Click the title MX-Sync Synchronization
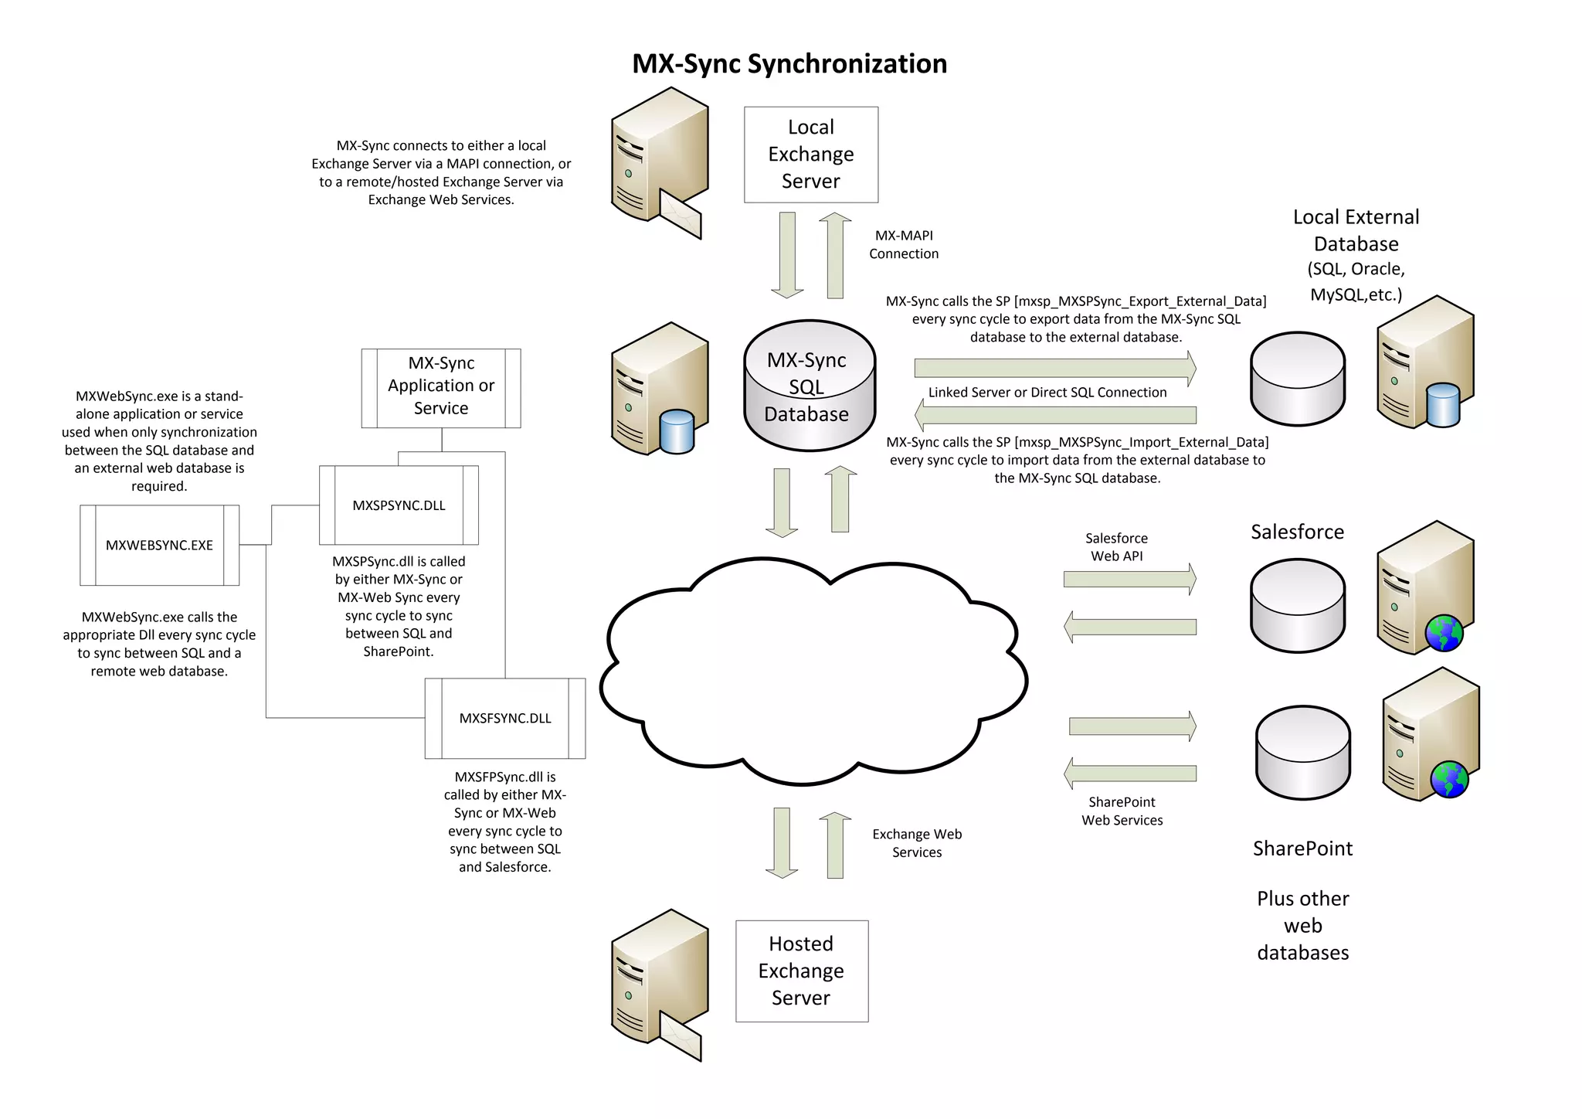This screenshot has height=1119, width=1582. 789,63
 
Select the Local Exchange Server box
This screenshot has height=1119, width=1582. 810,155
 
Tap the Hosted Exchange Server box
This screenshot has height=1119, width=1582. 801,971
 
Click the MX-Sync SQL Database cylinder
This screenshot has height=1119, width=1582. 809,386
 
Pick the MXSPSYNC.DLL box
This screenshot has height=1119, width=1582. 399,505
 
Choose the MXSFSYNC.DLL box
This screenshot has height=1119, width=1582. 505,718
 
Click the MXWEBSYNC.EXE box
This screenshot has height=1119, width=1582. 159,545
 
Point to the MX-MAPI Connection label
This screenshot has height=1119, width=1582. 904,244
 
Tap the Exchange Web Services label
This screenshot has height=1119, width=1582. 917,843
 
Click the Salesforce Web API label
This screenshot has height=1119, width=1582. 1116,546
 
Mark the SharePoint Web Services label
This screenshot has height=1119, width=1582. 1122,811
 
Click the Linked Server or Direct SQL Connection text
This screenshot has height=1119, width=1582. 1047,393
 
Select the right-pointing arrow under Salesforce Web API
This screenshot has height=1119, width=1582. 1129,579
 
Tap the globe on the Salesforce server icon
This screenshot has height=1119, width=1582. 1444,634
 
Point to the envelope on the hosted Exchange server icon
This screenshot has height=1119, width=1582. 681,1038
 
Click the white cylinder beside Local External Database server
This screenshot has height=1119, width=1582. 1298,379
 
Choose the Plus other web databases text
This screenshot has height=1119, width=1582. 1302,925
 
